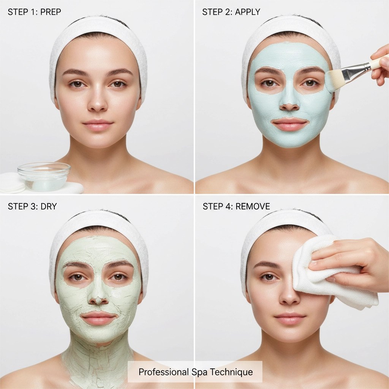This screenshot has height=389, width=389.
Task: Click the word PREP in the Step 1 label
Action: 51,12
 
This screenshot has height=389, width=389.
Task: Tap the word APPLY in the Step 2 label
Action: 247,12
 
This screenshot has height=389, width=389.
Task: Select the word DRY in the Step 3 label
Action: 49,206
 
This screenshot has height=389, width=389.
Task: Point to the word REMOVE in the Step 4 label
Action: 253,206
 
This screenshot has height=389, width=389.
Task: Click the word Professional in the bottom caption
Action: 164,372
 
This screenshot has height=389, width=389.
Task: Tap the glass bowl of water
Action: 44,176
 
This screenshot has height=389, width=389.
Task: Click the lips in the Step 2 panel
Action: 290,124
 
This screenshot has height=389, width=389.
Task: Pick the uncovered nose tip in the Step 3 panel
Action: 98,300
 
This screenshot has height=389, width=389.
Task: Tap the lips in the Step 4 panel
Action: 290,318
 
